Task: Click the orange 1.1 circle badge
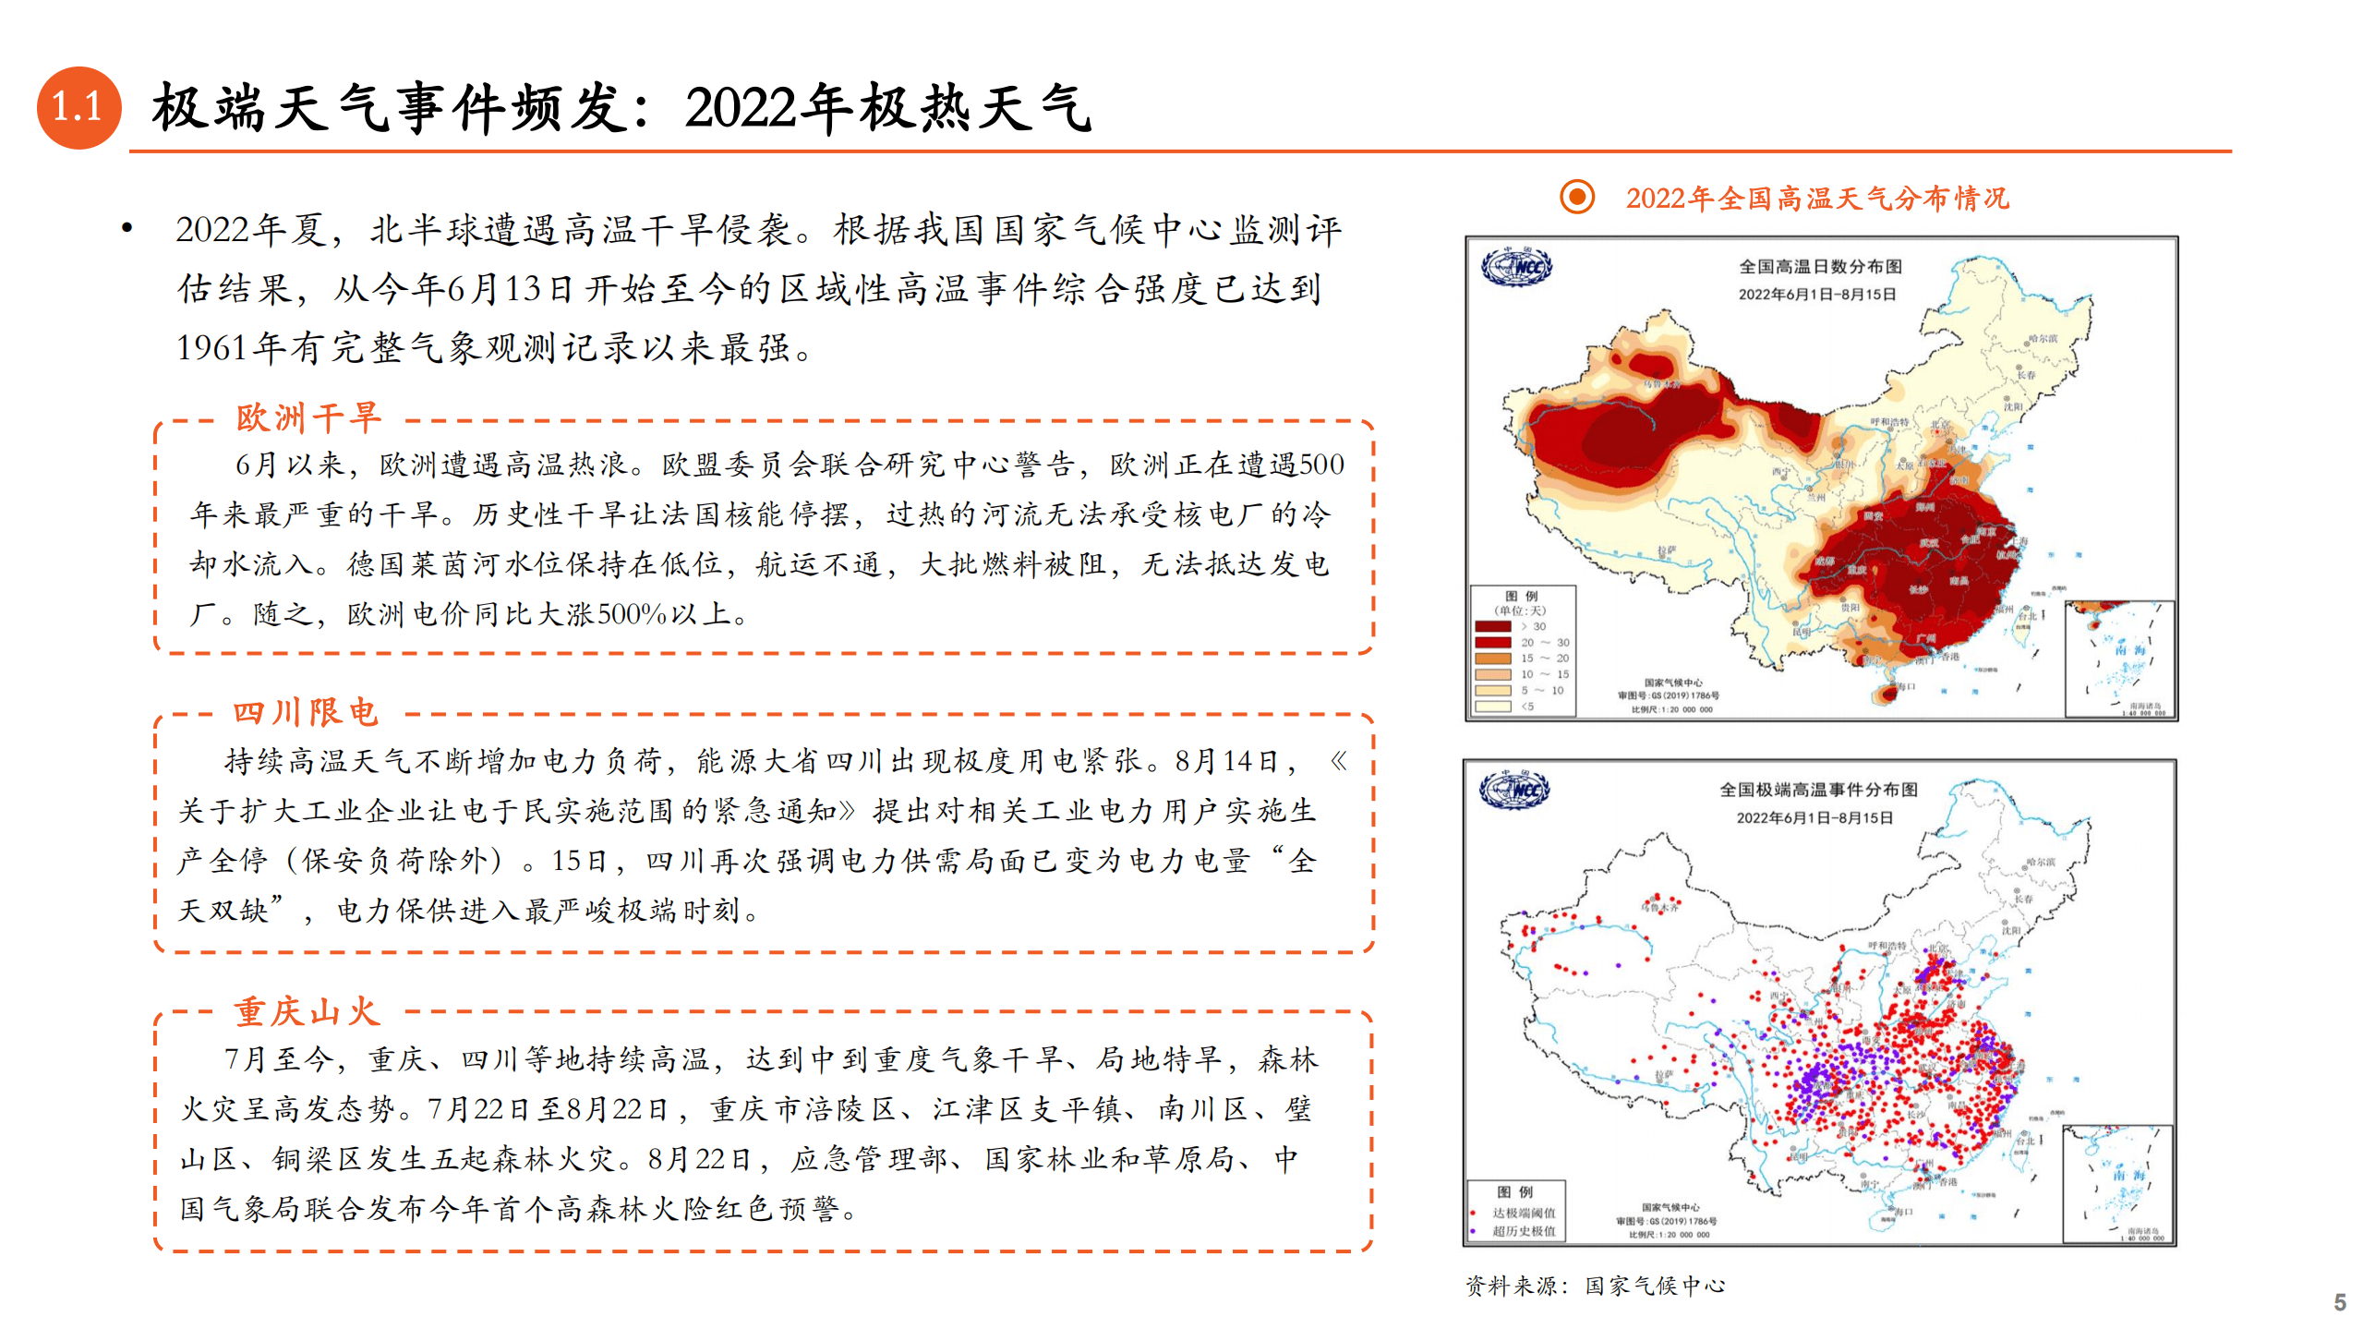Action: (x=78, y=107)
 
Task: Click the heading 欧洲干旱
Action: (x=307, y=417)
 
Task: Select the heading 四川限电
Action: (x=306, y=712)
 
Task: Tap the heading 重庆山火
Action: (x=306, y=1011)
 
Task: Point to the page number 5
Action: (x=2339, y=1302)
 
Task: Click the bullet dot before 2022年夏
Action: (x=127, y=227)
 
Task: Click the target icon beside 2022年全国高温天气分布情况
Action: (x=1576, y=197)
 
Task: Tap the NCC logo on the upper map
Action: (x=1515, y=268)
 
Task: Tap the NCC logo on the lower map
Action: (x=1513, y=791)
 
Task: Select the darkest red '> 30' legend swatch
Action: (x=1492, y=626)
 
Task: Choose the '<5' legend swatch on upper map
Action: (x=1492, y=707)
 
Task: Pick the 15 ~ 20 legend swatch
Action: (x=1492, y=658)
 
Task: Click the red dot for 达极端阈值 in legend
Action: (x=1473, y=1213)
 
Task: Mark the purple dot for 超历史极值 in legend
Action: (x=1473, y=1231)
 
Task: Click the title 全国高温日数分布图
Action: (x=1820, y=267)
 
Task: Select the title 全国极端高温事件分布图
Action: (x=1818, y=790)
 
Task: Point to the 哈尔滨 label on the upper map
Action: (x=2043, y=339)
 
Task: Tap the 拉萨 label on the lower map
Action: (x=1664, y=1075)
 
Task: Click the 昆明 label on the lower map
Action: (x=1798, y=1155)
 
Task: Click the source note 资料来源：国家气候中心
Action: (x=1595, y=1286)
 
